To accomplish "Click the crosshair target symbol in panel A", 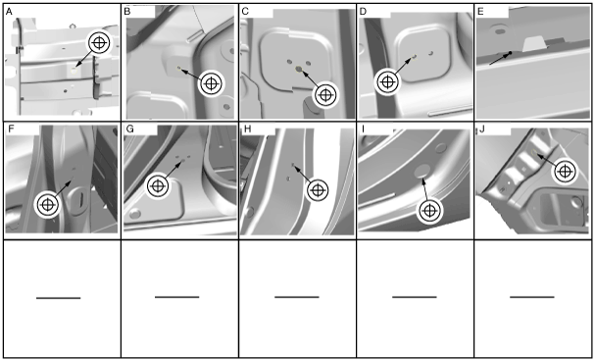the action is point(99,43).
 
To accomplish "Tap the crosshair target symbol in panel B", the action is point(212,83).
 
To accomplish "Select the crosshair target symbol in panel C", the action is point(325,95).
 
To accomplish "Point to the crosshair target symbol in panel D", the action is point(387,82).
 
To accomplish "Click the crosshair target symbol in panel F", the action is point(47,205).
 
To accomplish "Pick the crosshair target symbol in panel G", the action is point(158,186).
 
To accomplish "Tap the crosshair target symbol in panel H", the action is point(318,190).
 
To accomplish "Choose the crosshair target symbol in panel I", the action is point(429,210).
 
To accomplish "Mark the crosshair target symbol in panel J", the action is point(565,172).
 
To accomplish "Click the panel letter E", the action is point(480,12).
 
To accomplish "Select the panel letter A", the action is point(10,12).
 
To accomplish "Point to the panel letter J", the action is point(482,129).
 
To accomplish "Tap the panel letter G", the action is point(129,129).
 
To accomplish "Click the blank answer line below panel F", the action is point(59,298).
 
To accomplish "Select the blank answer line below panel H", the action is point(297,297).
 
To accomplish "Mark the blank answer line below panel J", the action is point(532,297).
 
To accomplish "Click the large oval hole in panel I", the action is point(421,172).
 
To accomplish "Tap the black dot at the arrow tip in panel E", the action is point(511,53).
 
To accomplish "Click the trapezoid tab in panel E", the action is point(535,44).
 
